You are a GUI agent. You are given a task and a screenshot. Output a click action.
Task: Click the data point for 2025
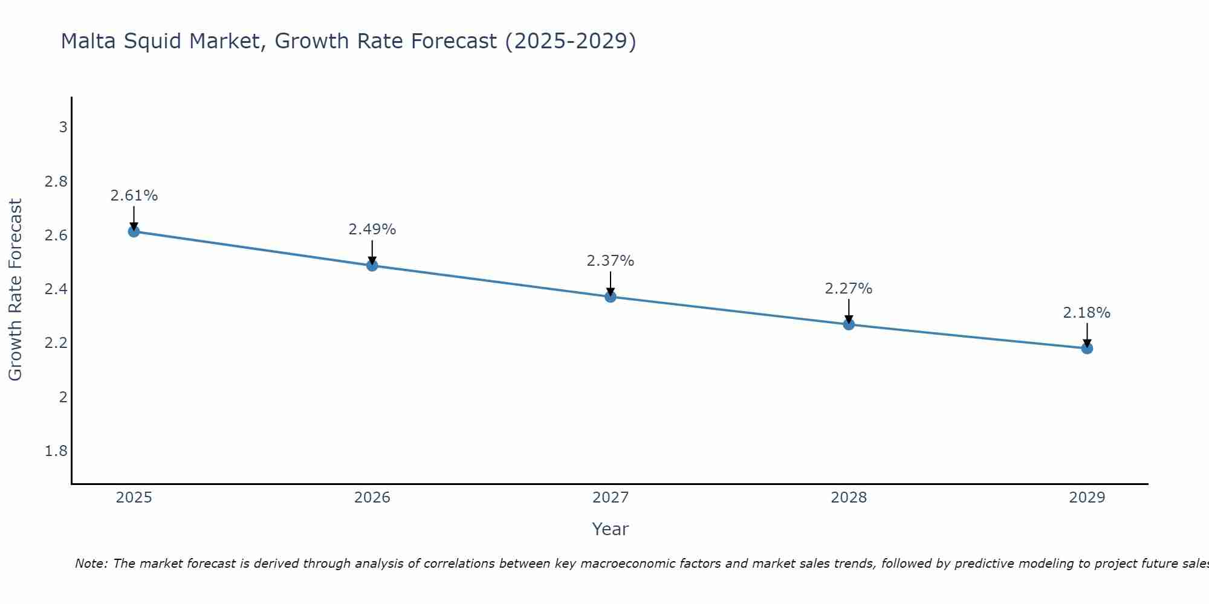(134, 231)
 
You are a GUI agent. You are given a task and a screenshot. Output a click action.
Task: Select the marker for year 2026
(372, 265)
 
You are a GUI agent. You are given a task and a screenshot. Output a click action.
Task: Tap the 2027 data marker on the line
(611, 297)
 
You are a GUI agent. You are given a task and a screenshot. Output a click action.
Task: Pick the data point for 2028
(849, 324)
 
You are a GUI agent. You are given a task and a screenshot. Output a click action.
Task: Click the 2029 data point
(1087, 348)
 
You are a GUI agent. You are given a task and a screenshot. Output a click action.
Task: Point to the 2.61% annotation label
(134, 196)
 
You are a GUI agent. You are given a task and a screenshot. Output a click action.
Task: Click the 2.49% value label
(372, 230)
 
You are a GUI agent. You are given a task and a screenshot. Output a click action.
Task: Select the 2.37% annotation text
(611, 261)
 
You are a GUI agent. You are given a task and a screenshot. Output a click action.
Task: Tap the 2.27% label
(849, 289)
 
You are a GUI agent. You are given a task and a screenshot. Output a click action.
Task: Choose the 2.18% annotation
(1087, 313)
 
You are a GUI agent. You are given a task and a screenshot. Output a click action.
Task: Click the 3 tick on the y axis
(63, 127)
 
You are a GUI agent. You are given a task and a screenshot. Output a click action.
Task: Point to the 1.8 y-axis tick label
(56, 451)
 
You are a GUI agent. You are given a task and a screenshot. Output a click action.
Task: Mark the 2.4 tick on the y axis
(56, 289)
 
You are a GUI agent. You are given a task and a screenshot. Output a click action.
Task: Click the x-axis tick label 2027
(611, 498)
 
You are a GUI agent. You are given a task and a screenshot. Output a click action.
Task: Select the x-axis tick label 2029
(1087, 498)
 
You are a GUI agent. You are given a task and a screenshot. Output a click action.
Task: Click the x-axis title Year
(611, 529)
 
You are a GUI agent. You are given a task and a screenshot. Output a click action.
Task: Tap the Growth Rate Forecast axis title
(15, 290)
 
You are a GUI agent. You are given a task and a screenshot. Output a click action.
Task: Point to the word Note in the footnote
(91, 564)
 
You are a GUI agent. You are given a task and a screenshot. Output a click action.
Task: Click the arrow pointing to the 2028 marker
(849, 311)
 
